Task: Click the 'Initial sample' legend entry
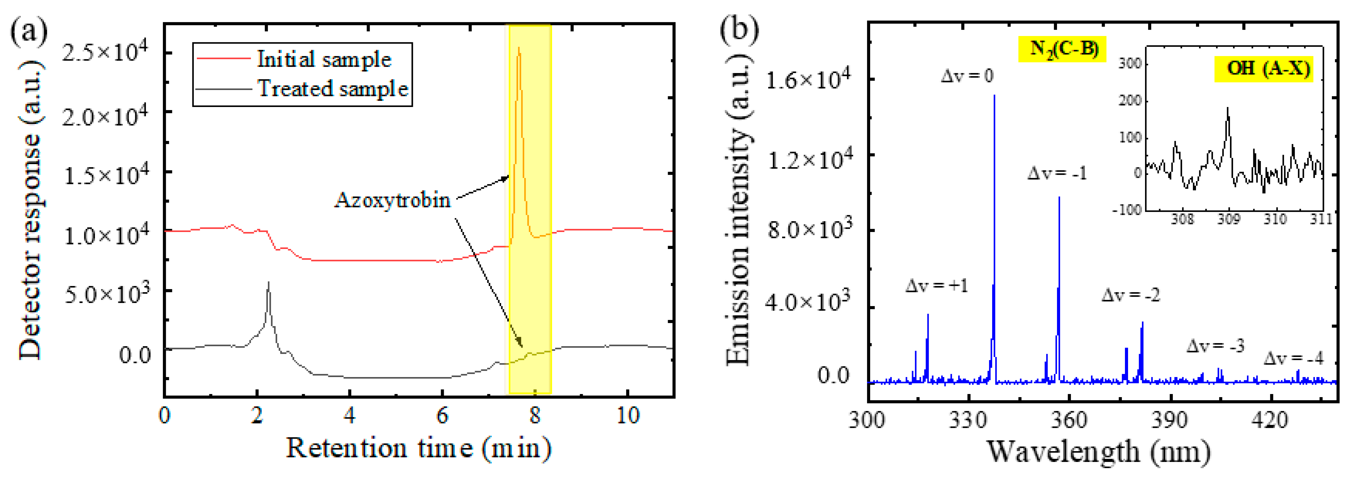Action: click(324, 59)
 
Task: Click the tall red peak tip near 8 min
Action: click(519, 49)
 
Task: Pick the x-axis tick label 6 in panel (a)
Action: click(442, 415)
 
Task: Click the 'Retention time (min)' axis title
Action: click(418, 448)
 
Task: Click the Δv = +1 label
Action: click(936, 286)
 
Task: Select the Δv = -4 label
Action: click(1293, 358)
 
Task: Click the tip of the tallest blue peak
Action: click(994, 96)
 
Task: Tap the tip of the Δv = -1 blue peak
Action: click(1059, 198)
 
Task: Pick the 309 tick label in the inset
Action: click(1228, 219)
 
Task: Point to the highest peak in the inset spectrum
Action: click(1228, 108)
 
